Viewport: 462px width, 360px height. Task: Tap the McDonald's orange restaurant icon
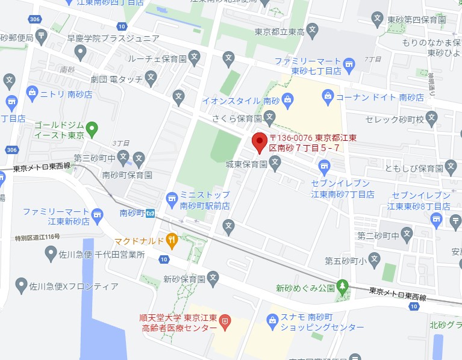(172, 241)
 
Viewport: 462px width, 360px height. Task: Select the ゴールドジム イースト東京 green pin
(92, 128)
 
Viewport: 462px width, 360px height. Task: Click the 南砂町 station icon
(150, 213)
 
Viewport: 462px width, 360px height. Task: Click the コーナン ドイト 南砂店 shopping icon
(328, 95)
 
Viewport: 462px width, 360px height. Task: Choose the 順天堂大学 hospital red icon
(225, 321)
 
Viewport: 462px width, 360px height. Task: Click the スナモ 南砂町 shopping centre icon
(272, 317)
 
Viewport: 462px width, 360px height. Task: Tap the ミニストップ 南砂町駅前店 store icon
(172, 197)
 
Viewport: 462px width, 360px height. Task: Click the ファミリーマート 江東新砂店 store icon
(97, 213)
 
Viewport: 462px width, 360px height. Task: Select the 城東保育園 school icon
(275, 161)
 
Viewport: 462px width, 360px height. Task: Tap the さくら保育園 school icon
(269, 116)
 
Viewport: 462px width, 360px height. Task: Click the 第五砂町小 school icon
(374, 260)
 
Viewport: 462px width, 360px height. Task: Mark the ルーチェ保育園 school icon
(194, 58)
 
